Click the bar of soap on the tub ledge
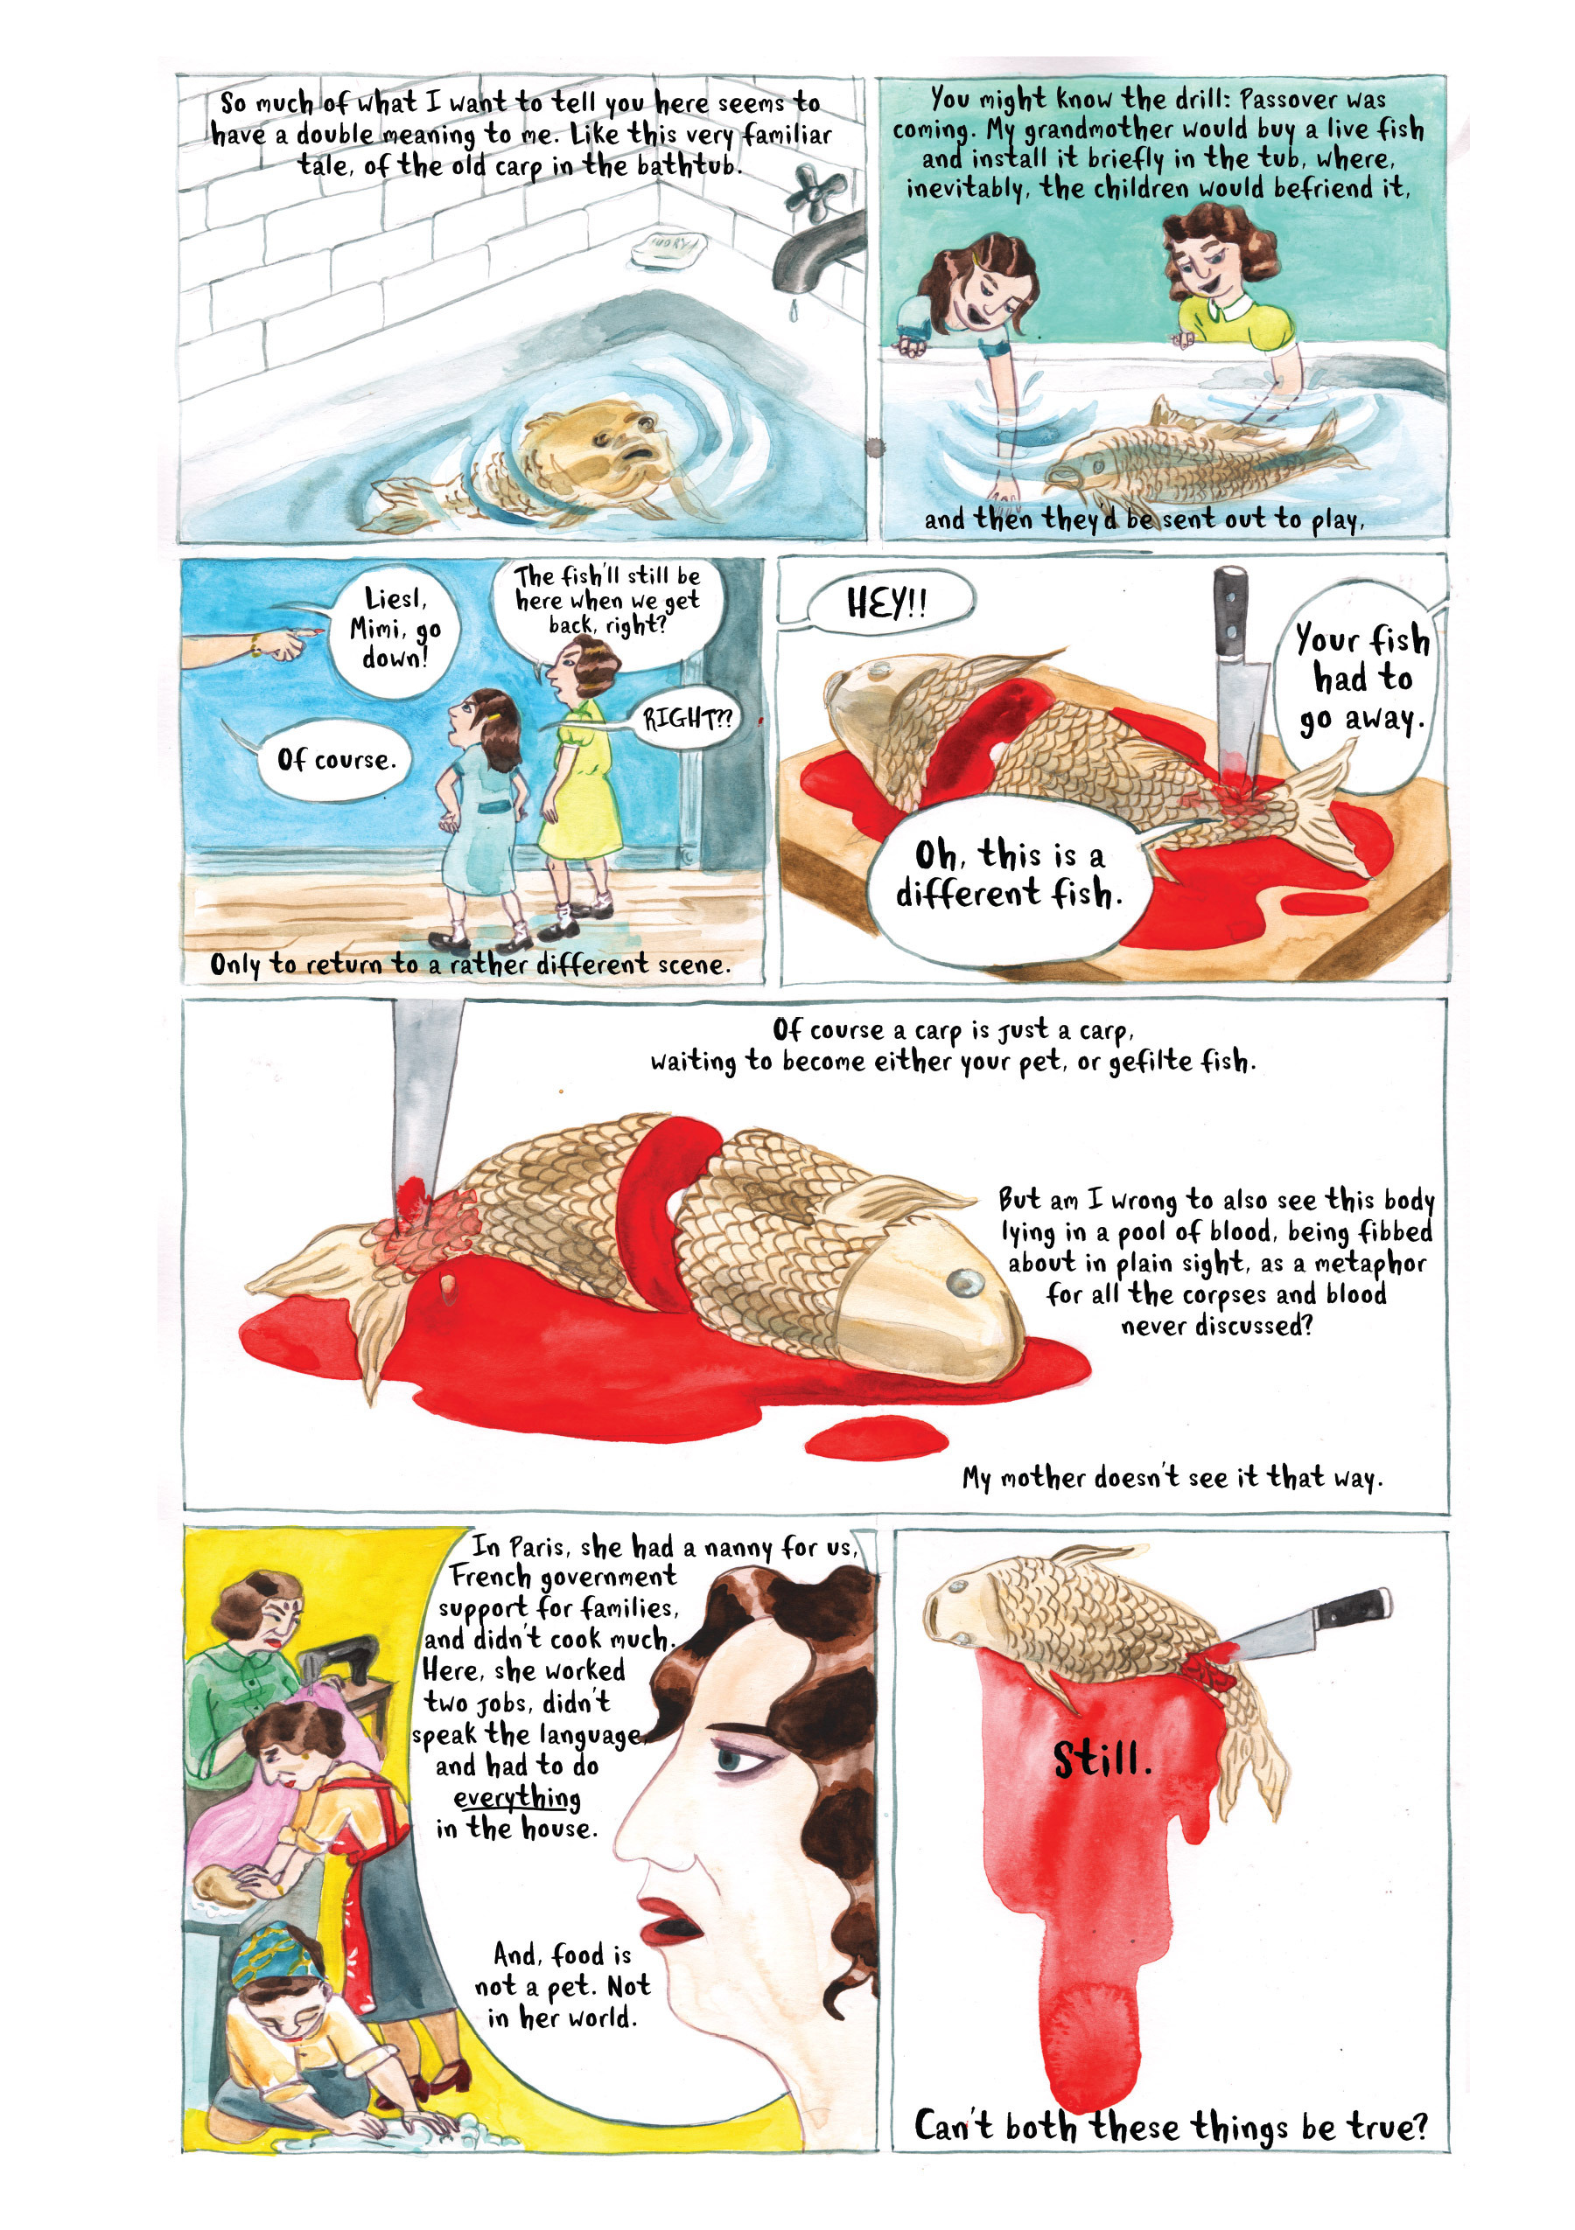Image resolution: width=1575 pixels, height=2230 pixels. [668, 247]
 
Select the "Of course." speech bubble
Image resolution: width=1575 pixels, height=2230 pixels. [335, 760]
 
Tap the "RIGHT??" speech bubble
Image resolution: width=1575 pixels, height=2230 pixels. [687, 719]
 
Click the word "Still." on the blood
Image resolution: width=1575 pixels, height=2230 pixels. [1102, 1759]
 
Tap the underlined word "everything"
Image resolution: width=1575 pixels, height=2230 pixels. [517, 1798]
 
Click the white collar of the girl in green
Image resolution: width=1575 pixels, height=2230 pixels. [1226, 308]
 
